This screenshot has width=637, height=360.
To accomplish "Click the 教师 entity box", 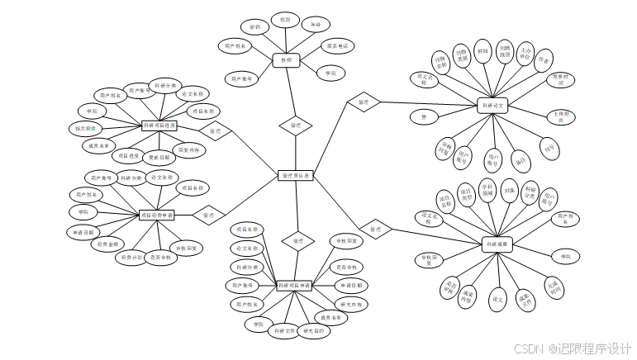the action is point(285,59).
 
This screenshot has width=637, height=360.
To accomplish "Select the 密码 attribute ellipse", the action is point(255,27).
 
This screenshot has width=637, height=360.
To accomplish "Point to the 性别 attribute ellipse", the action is point(285,18).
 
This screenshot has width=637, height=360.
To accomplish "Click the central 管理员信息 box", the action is point(295,175).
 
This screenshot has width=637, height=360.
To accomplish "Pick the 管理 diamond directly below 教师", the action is point(295,126).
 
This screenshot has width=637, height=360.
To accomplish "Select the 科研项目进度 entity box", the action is point(159,126).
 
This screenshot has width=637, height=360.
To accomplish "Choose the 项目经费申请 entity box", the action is point(157,215).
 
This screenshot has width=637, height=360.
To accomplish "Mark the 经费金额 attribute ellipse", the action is point(108,244).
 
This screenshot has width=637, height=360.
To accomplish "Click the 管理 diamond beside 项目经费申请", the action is point(208,215).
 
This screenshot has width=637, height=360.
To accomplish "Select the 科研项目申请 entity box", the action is point(294,286).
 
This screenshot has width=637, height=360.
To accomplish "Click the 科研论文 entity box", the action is point(494,105).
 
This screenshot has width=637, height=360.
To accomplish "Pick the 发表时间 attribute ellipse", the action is point(560,81).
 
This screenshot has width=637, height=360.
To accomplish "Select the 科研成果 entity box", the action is point(497,244).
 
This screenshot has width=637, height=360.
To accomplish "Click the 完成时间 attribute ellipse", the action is point(554,288).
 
